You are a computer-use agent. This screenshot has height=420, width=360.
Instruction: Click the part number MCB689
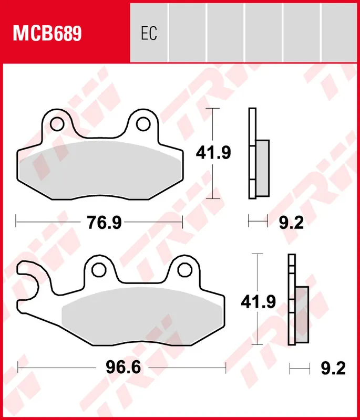tap(47, 34)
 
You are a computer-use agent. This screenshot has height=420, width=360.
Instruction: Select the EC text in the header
tap(149, 34)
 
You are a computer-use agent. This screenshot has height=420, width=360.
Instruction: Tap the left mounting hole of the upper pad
tap(57, 124)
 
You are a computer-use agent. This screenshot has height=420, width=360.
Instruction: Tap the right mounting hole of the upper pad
tap(142, 124)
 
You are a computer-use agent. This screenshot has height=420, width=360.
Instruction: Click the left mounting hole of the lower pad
tap(98, 270)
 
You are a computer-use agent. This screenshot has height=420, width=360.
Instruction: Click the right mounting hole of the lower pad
tap(184, 270)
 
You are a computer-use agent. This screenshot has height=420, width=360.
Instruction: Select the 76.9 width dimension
tap(104, 223)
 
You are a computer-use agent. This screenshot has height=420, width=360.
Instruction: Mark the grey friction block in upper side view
tap(262, 168)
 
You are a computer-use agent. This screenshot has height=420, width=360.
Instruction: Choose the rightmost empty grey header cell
tap(340, 31)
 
